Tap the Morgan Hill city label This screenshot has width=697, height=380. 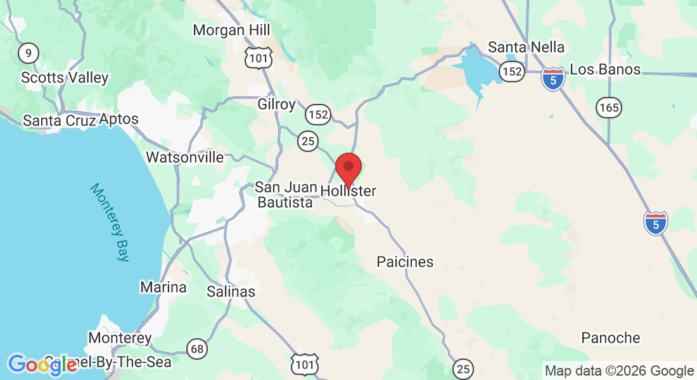tap(231, 30)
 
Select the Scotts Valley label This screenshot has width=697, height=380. tap(65, 78)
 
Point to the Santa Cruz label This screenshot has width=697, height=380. tap(60, 120)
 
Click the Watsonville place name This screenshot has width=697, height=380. tap(185, 157)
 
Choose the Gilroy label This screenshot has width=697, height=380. tap(277, 104)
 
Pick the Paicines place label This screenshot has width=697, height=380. tap(405, 262)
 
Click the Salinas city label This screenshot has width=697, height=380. tap(231, 292)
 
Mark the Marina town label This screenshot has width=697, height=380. tap(163, 288)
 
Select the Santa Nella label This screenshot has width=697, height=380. tap(526, 47)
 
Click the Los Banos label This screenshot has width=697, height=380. tap(605, 70)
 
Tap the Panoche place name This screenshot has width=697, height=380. tap(611, 338)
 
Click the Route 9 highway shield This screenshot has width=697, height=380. tap(28, 53)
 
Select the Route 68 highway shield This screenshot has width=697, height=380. tap(197, 347)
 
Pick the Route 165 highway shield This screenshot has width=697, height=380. tap(609, 108)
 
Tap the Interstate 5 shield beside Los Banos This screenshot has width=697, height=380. tap(553, 79)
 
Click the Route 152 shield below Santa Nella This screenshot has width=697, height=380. tap(511, 72)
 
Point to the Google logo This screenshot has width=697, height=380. tap(42, 364)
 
